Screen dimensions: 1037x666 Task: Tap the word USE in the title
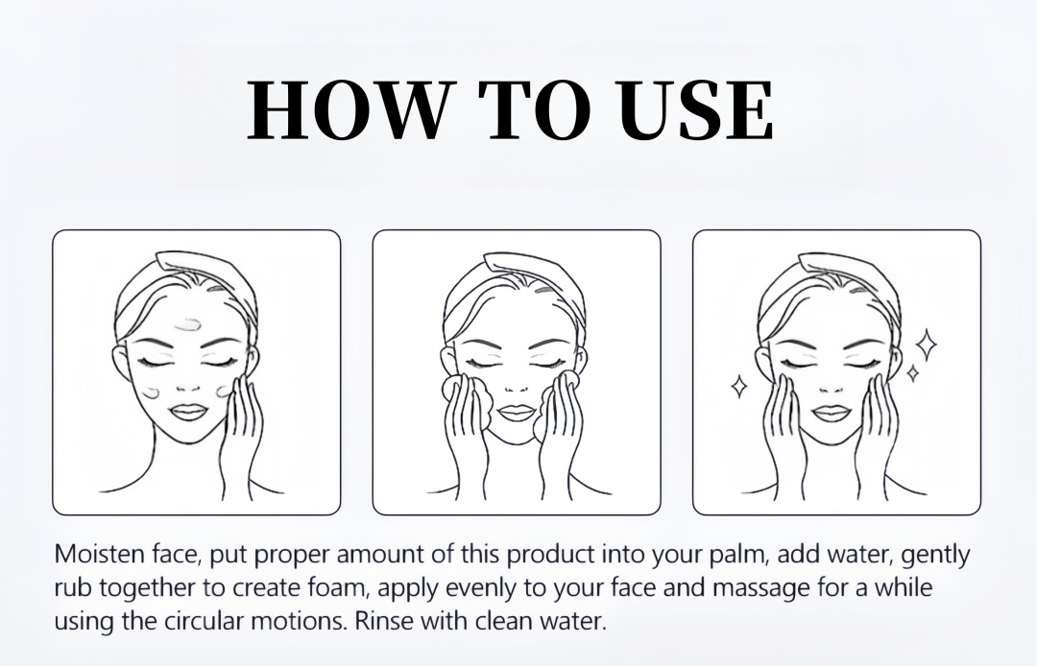coord(696,109)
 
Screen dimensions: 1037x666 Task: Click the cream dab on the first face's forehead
coord(187,324)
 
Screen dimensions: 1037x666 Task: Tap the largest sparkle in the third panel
coord(926,345)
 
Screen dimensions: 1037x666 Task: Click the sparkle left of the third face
coord(738,387)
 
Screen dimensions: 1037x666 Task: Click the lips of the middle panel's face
coord(515,412)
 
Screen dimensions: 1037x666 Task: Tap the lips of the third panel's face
coord(830,413)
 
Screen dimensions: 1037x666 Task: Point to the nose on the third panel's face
coord(830,388)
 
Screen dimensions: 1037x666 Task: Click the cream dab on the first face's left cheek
coord(150,392)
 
